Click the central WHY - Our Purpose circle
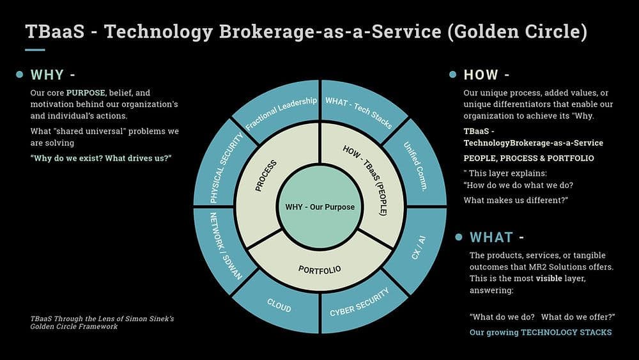coord(319,207)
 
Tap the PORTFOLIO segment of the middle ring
coord(319,269)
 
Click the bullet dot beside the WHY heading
coord(20,75)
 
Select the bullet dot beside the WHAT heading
coord(458,237)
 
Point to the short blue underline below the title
coord(35,50)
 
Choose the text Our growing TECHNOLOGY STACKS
coord(541,333)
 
